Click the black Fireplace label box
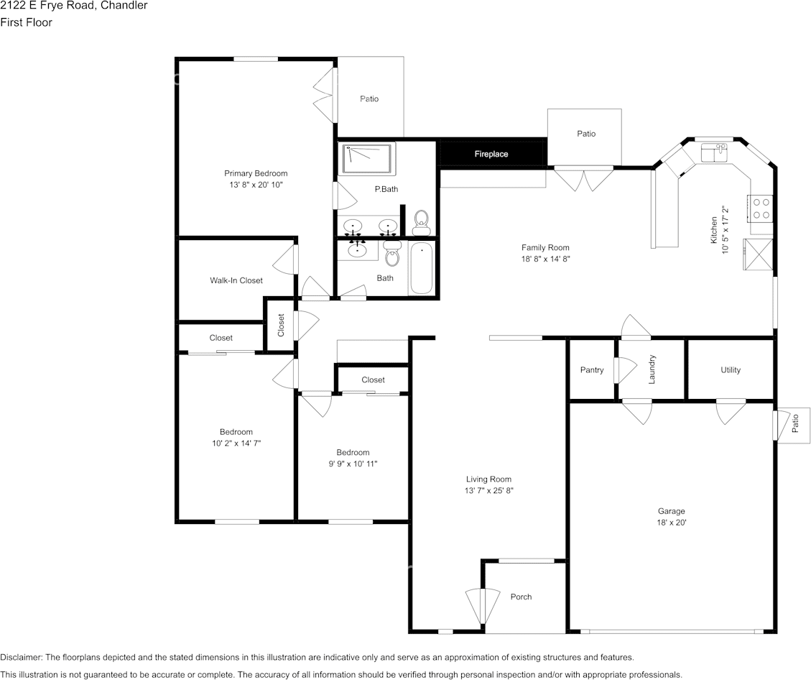pyautogui.click(x=491, y=154)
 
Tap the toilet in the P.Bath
pyautogui.click(x=421, y=222)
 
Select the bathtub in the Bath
pyautogui.click(x=422, y=268)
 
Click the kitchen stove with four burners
pyautogui.click(x=760, y=208)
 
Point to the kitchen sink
pyautogui.click(x=714, y=153)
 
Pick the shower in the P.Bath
pyautogui.click(x=368, y=159)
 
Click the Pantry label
pyautogui.click(x=592, y=370)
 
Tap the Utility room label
pyautogui.click(x=731, y=370)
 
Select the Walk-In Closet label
pyautogui.click(x=236, y=280)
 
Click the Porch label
pyautogui.click(x=522, y=597)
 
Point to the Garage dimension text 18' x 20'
pyautogui.click(x=672, y=523)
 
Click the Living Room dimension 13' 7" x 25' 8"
pyautogui.click(x=488, y=491)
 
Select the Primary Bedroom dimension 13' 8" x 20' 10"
pyautogui.click(x=256, y=185)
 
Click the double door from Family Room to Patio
pyautogui.click(x=583, y=178)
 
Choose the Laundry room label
pyautogui.click(x=652, y=369)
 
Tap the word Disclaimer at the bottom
pyautogui.click(x=21, y=657)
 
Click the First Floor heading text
pyautogui.click(x=26, y=22)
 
